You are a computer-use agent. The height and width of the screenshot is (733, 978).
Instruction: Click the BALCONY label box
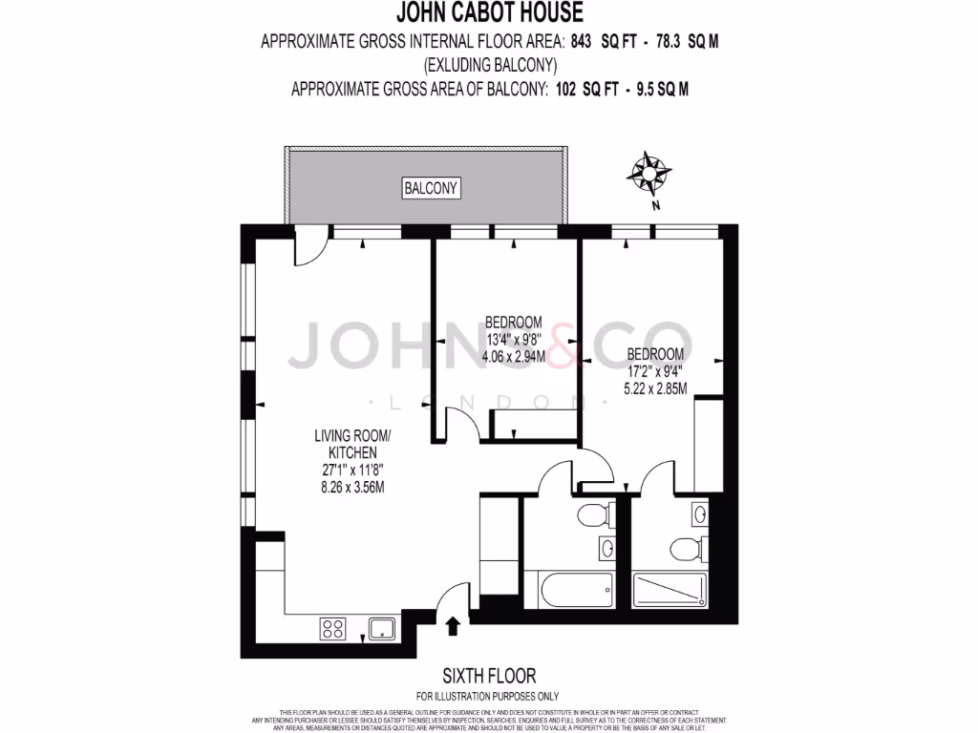pos(432,188)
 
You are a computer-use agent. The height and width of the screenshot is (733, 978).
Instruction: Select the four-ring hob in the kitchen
pos(333,628)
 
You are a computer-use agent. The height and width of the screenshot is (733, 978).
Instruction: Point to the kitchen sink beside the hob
pos(383,628)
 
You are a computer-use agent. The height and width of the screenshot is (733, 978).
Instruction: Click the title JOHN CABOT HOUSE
pos(489,13)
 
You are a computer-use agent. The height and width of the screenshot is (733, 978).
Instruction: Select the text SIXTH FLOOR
pos(488,676)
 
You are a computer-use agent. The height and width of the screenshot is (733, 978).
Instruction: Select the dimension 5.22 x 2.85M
pos(654,388)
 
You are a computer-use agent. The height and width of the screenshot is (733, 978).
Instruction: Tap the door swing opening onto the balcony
pos(308,250)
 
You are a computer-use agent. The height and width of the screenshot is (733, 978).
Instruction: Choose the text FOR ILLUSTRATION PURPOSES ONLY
pos(488,696)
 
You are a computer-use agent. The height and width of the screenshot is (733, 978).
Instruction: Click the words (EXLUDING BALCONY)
pos(489,65)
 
